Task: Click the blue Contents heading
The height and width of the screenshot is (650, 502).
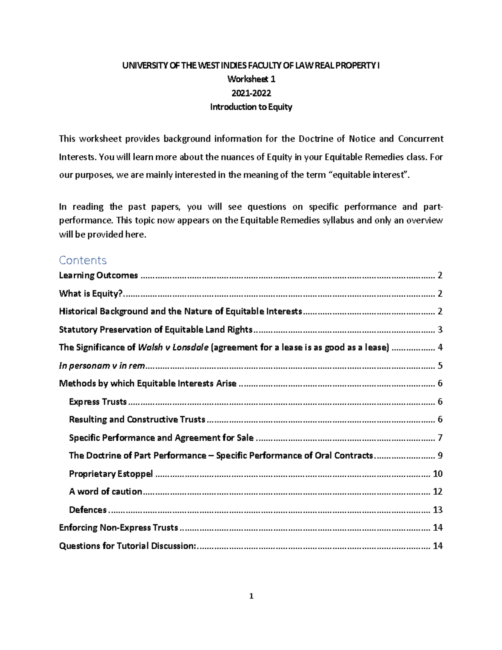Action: tap(83, 260)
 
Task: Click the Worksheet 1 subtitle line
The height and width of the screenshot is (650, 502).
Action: tap(251, 79)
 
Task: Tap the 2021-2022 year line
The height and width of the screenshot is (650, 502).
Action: tap(251, 93)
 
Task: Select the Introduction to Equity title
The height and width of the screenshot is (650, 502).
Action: tap(251, 107)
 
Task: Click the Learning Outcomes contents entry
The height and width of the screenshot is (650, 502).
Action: tap(98, 275)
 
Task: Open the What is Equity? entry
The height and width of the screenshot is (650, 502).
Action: tap(91, 293)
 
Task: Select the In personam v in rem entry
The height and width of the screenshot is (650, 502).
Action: tap(102, 365)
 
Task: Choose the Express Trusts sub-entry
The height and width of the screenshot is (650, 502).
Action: tap(98, 401)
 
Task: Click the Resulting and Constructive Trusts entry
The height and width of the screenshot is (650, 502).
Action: tap(137, 419)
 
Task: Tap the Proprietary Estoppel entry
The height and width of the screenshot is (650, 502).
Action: tap(111, 473)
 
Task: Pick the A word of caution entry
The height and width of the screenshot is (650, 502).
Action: tap(105, 491)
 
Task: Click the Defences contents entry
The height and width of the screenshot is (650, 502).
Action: tap(88, 509)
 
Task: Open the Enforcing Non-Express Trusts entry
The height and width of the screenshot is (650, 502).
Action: tap(119, 527)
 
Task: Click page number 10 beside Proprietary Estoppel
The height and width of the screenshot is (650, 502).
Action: tap(438, 473)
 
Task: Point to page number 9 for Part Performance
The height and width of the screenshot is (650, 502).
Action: tap(440, 455)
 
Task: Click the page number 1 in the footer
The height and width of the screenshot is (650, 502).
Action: tap(251, 596)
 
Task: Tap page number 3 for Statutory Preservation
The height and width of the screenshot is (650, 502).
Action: tap(440, 329)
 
